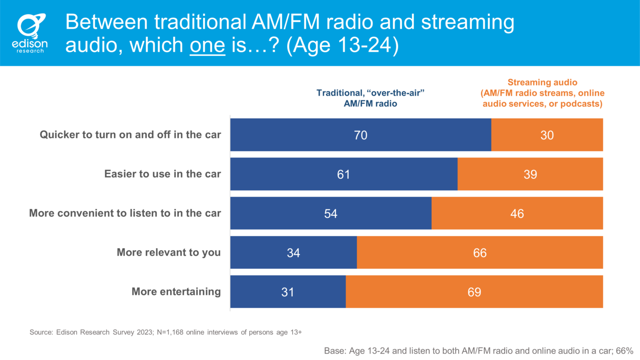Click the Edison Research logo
point(30,33)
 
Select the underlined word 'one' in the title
point(207,45)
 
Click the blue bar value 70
point(361,135)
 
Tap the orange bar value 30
point(547,135)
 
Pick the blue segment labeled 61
point(343,174)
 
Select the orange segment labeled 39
point(530,174)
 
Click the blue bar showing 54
point(331,213)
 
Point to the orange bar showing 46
point(517,213)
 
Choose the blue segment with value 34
point(294,253)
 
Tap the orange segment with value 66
point(480,253)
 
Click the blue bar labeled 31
point(288,292)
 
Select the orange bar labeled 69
point(474,292)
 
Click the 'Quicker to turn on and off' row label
point(130,135)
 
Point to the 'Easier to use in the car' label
point(163,174)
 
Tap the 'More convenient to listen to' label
point(125,213)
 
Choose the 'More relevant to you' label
point(169,253)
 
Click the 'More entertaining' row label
point(176,292)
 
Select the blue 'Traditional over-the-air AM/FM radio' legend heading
point(370,98)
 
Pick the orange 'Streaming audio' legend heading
point(542,93)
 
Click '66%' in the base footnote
point(624,351)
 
